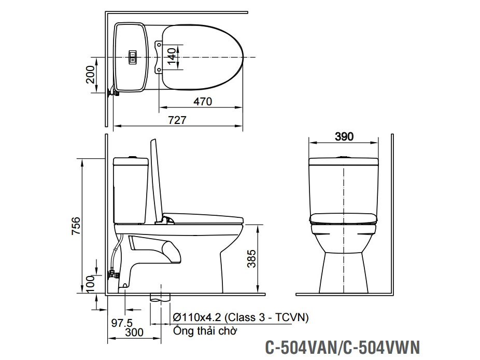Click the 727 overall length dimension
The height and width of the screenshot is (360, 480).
[177, 120]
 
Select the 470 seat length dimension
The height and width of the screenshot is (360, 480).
[202, 102]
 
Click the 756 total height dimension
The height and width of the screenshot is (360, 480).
[76, 226]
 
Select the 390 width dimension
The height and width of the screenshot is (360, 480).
[344, 136]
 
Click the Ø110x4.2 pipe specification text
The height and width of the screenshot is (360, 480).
[241, 317]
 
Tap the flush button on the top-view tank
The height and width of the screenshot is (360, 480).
[133, 57]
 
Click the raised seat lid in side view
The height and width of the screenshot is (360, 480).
[154, 179]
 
